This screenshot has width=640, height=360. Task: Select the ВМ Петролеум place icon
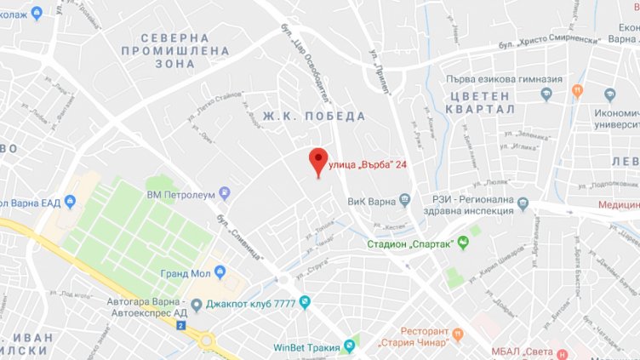225,195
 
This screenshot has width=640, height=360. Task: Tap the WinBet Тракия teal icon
349,346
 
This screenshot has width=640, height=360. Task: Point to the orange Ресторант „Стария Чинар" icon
458,333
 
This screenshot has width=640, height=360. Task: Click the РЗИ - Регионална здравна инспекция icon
523,203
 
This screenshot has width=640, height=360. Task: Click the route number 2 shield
180,326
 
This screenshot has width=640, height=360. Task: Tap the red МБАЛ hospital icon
563,352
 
